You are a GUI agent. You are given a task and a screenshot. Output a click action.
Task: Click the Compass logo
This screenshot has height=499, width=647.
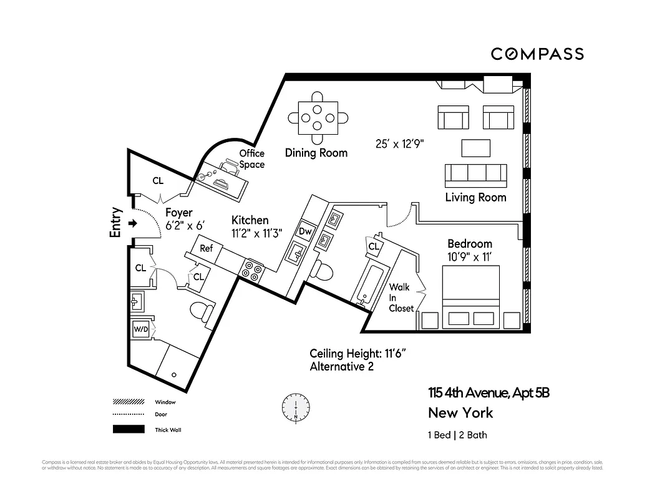point(537,54)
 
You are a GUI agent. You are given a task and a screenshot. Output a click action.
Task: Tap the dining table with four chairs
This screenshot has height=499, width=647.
point(318,116)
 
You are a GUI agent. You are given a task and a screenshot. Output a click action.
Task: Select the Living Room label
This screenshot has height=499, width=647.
point(475,198)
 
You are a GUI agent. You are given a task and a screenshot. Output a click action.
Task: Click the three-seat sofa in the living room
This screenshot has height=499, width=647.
point(475,175)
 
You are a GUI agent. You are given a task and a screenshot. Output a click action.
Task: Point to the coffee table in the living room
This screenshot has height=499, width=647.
point(477,148)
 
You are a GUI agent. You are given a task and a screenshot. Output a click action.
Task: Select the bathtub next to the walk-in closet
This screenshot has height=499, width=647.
point(369,286)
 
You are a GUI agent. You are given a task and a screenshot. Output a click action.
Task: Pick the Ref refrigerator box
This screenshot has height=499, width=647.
point(207,248)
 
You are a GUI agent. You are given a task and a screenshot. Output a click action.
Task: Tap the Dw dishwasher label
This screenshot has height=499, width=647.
point(305,231)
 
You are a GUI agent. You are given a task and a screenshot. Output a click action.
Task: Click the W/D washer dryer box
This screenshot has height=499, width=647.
point(140,329)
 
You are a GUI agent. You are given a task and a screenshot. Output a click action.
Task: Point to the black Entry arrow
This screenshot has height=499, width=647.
point(132,223)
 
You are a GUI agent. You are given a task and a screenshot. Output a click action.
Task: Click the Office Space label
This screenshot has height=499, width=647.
point(252,159)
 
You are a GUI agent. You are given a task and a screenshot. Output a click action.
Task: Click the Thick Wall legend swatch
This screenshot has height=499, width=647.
point(128,429)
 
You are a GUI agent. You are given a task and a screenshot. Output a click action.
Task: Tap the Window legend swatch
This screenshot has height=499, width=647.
point(128,402)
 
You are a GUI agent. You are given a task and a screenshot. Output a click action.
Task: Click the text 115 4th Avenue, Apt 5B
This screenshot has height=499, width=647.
point(489,393)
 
